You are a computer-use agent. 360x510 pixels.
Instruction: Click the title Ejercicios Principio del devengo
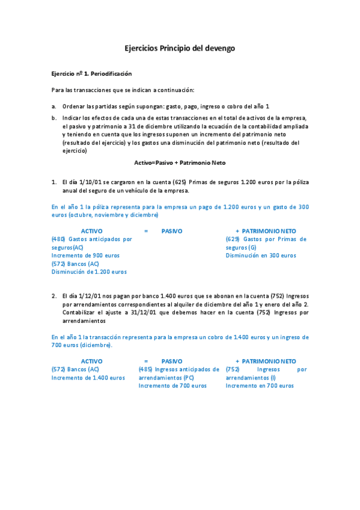tap(180, 48)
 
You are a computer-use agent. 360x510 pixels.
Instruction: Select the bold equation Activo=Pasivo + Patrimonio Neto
tap(180, 163)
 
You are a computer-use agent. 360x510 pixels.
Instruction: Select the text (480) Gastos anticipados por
tap(91, 239)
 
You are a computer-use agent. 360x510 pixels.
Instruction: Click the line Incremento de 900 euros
tap(85, 255)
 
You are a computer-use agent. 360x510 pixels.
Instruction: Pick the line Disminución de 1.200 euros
tap(89, 271)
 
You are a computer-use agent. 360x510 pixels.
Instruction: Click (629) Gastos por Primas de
tap(266, 239)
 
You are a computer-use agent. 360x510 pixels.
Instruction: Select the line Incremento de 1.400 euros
tap(88, 377)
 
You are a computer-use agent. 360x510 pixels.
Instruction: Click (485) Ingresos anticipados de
tap(178, 369)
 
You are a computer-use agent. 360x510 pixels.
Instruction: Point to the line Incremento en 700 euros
tap(260, 386)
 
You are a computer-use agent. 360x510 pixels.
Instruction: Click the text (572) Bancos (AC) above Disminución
tap(75, 263)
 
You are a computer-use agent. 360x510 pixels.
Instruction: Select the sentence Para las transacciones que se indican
tap(123, 90)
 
